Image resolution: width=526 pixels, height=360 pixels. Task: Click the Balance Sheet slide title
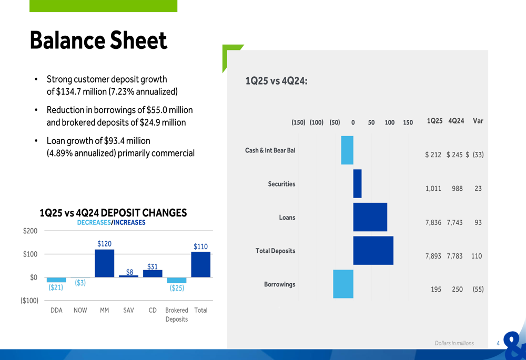[x=98, y=40]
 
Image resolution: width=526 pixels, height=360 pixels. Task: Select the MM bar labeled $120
[x=105, y=263]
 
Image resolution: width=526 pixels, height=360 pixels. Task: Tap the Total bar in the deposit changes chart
[x=201, y=264]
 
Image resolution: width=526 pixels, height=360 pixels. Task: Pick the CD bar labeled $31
[x=153, y=273]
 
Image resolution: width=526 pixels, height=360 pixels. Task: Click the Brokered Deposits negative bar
[x=177, y=280]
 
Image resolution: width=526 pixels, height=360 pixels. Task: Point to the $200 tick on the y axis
[x=31, y=231]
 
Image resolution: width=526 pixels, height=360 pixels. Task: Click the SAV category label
[x=128, y=310]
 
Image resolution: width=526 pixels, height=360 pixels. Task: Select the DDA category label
[x=56, y=310]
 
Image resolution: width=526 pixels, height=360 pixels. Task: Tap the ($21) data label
[x=56, y=287]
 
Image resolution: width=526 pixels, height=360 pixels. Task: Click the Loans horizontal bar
[x=370, y=217]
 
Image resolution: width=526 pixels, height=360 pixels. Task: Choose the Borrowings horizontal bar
[x=343, y=284]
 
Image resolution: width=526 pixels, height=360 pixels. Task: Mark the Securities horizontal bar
[x=357, y=183]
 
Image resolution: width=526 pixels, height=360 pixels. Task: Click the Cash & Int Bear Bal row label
[x=270, y=150]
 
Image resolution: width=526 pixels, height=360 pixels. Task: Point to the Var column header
[x=478, y=121]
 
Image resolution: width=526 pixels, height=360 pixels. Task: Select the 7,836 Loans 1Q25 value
[x=433, y=222]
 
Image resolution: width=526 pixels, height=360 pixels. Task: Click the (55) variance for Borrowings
[x=478, y=289]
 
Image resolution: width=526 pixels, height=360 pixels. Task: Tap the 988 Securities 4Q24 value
[x=457, y=188]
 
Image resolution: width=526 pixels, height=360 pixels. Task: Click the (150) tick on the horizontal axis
[x=298, y=122]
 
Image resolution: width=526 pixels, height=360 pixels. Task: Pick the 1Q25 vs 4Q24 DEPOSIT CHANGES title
[x=113, y=213]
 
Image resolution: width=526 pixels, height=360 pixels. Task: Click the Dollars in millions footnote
[x=454, y=343]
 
